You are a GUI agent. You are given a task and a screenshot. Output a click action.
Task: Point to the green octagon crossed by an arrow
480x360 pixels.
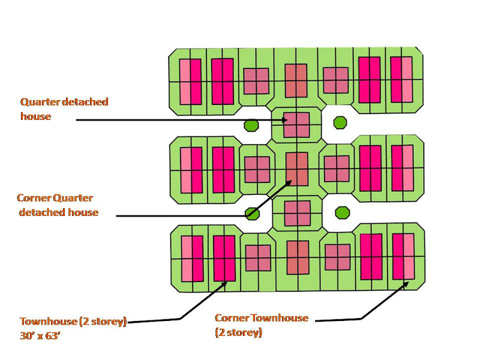[252, 213]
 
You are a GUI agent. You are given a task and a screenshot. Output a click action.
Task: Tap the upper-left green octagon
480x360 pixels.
[251, 125]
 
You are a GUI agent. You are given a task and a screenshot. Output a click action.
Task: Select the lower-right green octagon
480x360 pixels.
[342, 212]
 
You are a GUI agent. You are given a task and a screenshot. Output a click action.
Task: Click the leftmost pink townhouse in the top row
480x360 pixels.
[190, 81]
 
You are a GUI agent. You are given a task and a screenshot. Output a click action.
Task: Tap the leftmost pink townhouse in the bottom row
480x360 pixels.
[191, 259]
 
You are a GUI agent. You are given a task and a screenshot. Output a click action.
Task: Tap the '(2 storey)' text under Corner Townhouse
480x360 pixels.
[238, 332]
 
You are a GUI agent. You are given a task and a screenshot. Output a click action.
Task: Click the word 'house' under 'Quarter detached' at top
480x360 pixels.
[35, 116]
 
